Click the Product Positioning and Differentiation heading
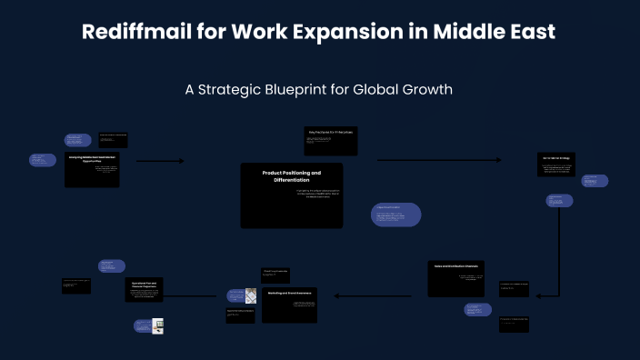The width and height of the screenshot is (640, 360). pos(291,176)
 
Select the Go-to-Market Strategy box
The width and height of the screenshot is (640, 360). pos(555,165)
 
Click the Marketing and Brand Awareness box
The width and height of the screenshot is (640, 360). pos(289,305)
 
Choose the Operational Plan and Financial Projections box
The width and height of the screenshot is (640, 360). pos(149,290)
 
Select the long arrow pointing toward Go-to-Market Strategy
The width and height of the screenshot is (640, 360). pos(438,160)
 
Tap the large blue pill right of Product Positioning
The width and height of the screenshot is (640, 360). pos(395,214)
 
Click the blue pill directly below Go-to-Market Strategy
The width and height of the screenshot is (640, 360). pos(559,200)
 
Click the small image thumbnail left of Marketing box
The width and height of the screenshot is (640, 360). pos(251,295)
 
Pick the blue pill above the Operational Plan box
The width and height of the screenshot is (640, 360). pos(112,265)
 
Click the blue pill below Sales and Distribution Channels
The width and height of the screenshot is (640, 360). pos(477,310)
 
